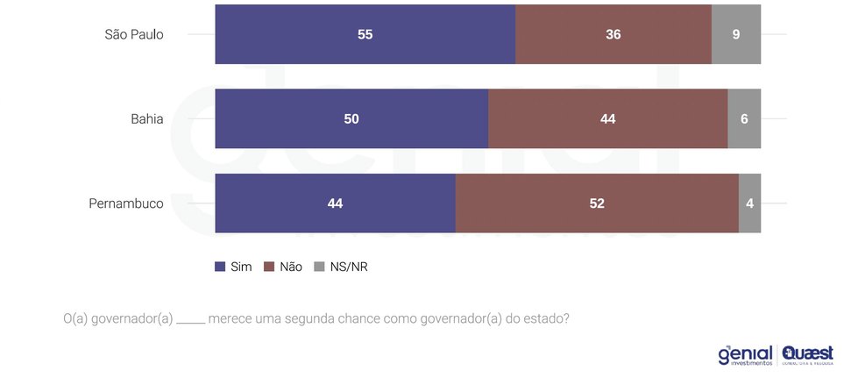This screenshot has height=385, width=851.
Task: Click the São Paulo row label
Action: pyautogui.click(x=134, y=35)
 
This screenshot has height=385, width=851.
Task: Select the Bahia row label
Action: pyautogui.click(x=146, y=119)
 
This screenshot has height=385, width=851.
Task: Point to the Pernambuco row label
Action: pyautogui.click(x=126, y=203)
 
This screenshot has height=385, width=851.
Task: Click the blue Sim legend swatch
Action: pyautogui.click(x=220, y=267)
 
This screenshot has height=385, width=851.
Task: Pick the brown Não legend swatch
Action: pyautogui.click(x=270, y=267)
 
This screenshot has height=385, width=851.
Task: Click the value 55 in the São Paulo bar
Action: pyautogui.click(x=365, y=35)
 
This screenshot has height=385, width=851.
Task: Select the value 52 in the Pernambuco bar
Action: pyautogui.click(x=597, y=203)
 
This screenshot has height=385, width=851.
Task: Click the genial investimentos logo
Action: pyautogui.click(x=745, y=354)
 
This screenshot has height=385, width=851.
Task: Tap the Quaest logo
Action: pyautogui.click(x=807, y=354)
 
